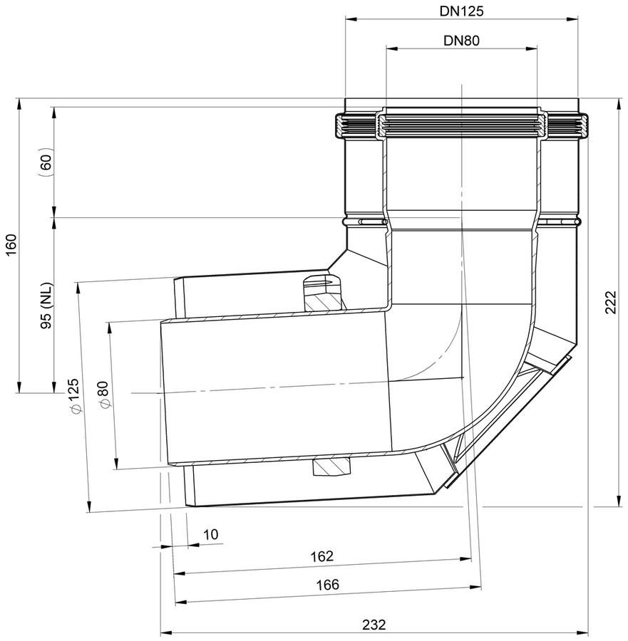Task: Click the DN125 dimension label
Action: (461, 11)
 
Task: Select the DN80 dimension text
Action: (461, 41)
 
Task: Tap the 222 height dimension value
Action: (610, 302)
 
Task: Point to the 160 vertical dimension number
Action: (12, 245)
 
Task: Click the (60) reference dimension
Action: (46, 162)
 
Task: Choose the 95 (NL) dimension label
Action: (47, 306)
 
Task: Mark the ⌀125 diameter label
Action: (74, 395)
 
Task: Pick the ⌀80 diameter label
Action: (104, 394)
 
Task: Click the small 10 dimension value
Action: (211, 535)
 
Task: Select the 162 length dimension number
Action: (322, 556)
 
